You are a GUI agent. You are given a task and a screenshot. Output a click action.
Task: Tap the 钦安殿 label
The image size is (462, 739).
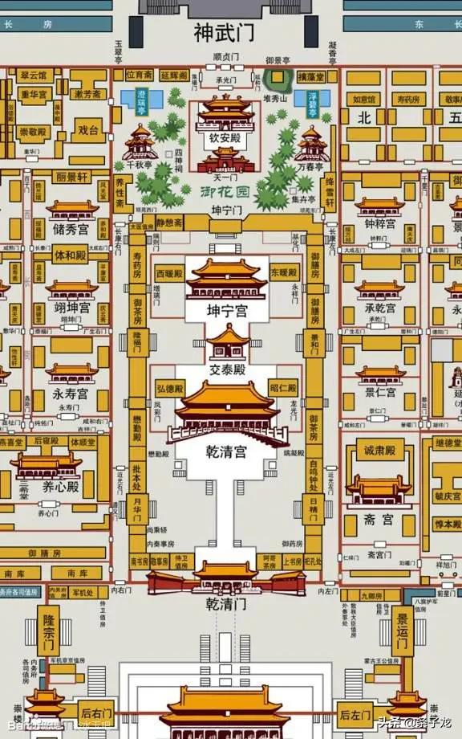coord(225,137)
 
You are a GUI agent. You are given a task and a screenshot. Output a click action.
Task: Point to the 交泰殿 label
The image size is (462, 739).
coord(227,370)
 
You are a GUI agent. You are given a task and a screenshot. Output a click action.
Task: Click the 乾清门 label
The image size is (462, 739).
coord(226,602)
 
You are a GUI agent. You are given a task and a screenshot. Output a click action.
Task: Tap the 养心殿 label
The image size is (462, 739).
coord(61,487)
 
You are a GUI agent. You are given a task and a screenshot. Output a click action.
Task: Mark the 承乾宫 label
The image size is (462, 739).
coord(381,308)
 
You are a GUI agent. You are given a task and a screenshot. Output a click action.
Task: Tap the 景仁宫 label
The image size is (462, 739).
coord(381,393)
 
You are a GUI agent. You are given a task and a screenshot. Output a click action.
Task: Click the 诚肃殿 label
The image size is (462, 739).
coord(381,451)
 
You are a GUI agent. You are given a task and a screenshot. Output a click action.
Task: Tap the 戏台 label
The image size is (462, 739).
coord(88,129)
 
